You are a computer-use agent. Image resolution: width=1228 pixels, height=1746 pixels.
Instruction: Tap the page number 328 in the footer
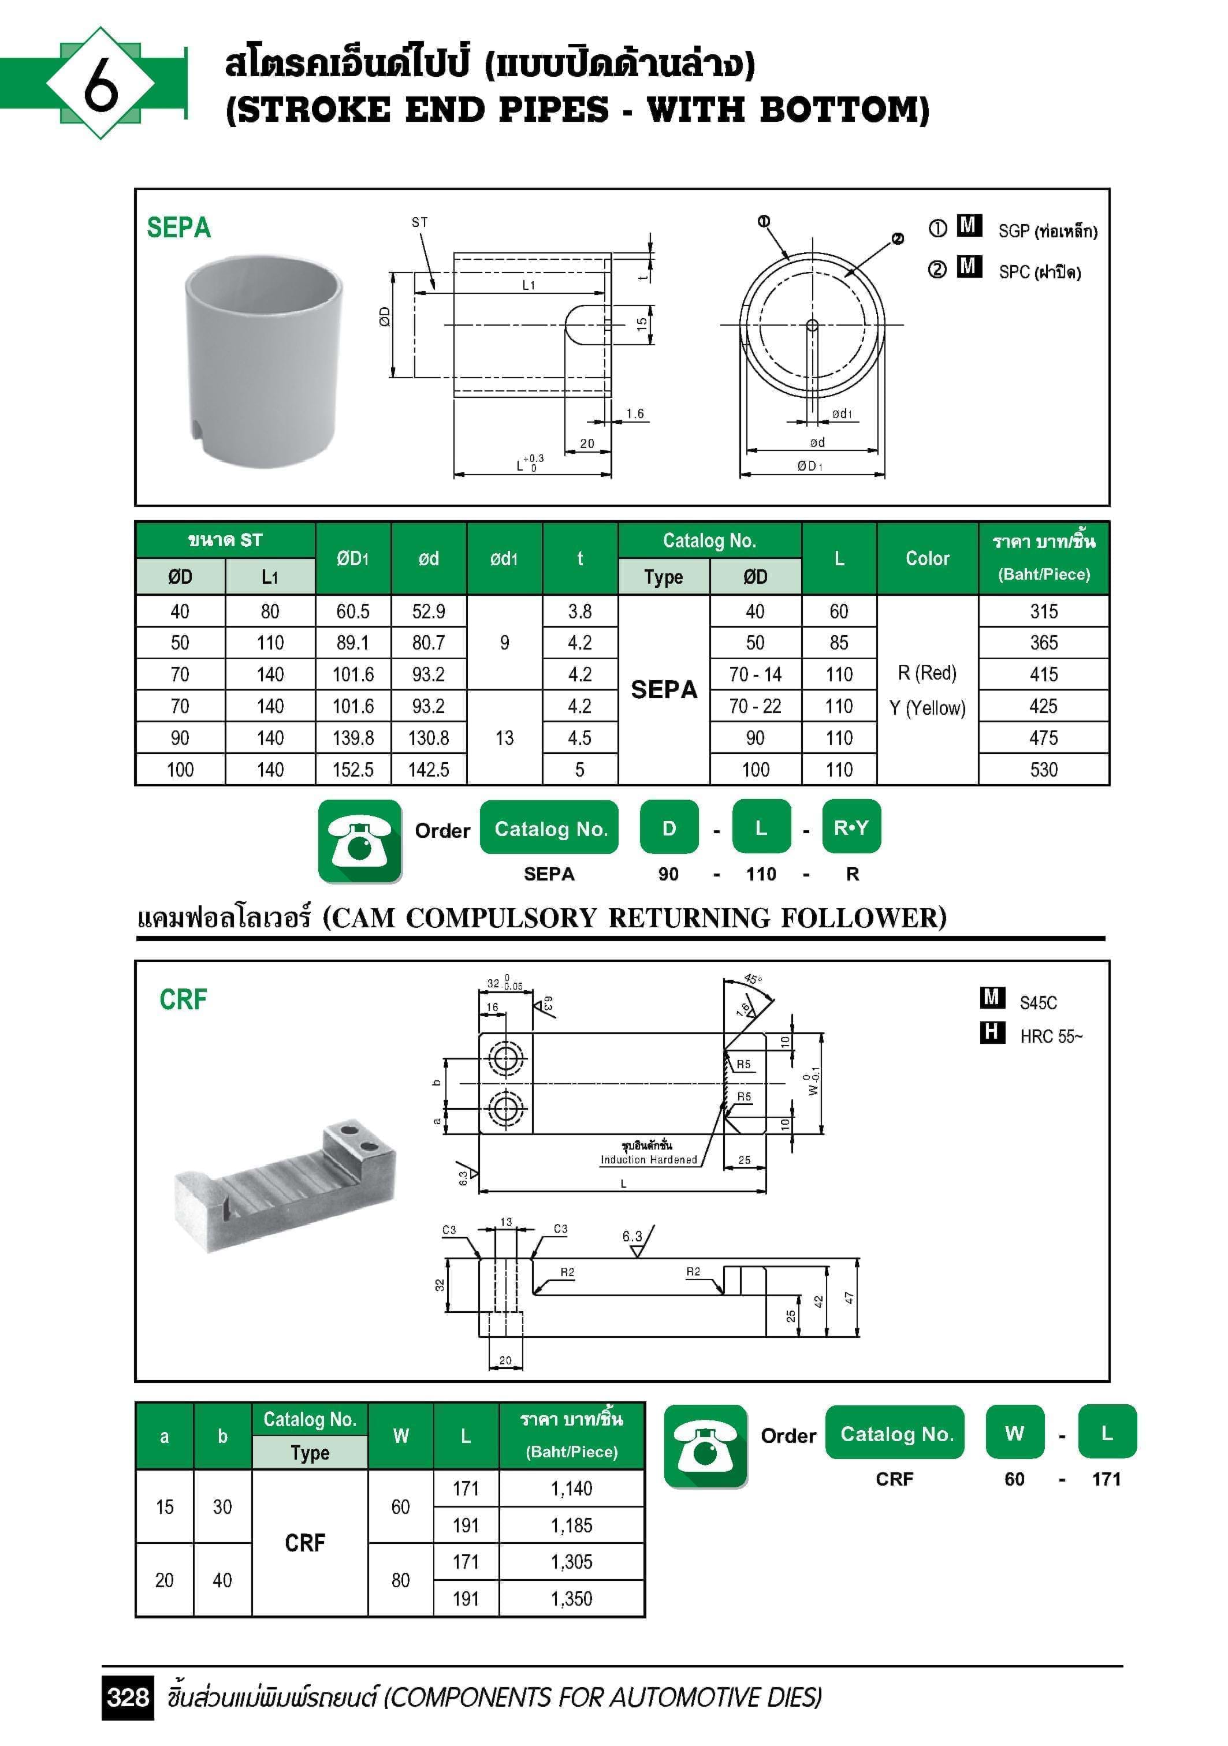tap(127, 1696)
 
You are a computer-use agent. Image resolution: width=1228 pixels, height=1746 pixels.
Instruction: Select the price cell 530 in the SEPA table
tap(1043, 770)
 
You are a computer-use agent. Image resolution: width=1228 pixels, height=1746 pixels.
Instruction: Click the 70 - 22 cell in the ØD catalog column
tap(755, 707)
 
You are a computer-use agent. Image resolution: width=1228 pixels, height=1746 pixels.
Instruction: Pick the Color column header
tap(926, 558)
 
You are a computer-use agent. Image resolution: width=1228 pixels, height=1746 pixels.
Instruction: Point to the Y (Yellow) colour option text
tap(926, 708)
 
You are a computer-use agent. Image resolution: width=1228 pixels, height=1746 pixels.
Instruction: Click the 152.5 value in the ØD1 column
tap(353, 770)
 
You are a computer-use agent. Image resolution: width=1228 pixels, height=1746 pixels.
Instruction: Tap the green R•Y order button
tap(851, 827)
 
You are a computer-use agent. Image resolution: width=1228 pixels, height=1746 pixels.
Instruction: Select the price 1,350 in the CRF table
tap(571, 1598)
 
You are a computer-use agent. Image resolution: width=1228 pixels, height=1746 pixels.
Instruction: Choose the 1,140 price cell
tap(571, 1488)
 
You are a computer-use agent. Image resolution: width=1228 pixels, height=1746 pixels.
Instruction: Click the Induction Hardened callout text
tap(648, 1160)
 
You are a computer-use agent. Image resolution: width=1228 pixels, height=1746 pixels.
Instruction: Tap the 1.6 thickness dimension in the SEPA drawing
tap(635, 413)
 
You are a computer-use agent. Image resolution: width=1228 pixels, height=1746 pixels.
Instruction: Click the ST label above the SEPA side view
tap(419, 222)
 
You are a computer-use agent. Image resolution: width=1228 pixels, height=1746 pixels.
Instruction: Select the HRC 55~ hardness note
tap(1051, 1036)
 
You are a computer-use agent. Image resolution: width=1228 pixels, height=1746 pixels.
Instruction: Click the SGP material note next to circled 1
tap(1047, 231)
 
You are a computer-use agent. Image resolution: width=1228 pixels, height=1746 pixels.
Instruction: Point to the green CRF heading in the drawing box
tap(183, 999)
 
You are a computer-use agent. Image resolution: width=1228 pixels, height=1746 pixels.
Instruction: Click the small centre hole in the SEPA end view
tap(812, 326)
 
